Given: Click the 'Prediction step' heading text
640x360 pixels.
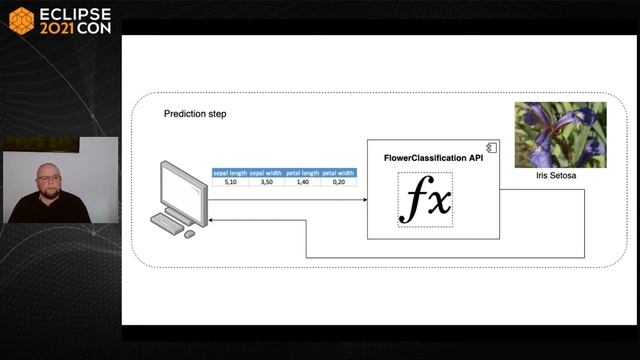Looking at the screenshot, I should pyautogui.click(x=195, y=114).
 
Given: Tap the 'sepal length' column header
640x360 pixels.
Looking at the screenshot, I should pyautogui.click(x=229, y=173).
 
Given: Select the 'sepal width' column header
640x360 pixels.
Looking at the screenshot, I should pyautogui.click(x=266, y=173).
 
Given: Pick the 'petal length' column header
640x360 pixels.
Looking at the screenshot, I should pyautogui.click(x=302, y=173).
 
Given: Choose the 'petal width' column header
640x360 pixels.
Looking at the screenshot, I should pyautogui.click(x=339, y=173).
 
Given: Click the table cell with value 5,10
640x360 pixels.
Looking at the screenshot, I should pyautogui.click(x=229, y=182).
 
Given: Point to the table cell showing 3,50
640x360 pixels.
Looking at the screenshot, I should pyautogui.click(x=266, y=182).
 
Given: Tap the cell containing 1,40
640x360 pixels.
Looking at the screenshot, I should pyautogui.click(x=302, y=182).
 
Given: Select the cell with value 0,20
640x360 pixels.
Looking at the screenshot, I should pyautogui.click(x=339, y=182).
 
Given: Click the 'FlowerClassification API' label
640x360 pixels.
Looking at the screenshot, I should pyautogui.click(x=426, y=158).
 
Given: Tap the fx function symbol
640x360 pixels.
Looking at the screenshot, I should pyautogui.click(x=425, y=200).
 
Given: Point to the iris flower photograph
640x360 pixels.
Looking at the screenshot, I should pyautogui.click(x=559, y=134).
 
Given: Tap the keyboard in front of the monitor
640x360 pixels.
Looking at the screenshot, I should pyautogui.click(x=169, y=225).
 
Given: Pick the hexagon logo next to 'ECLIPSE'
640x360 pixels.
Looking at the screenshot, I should pyautogui.click(x=21, y=20).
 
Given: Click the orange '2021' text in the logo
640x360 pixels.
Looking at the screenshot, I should pyautogui.click(x=58, y=28).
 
